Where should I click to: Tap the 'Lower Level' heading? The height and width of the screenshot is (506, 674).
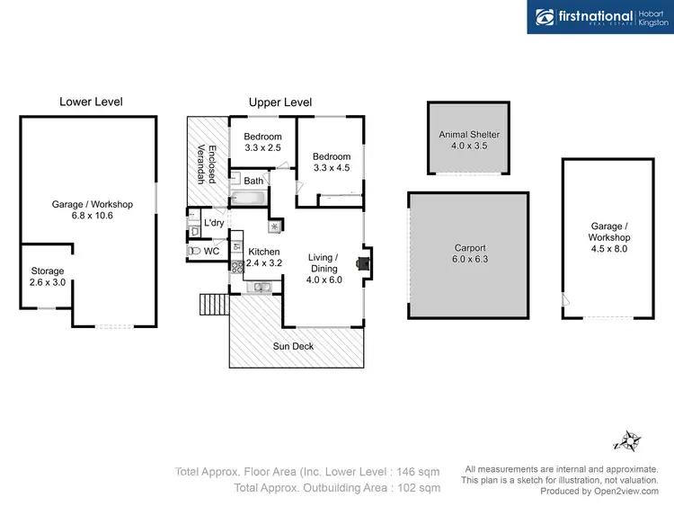click(91, 102)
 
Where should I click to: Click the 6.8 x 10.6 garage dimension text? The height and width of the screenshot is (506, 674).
click(93, 216)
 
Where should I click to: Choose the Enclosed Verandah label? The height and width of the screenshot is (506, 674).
click(208, 164)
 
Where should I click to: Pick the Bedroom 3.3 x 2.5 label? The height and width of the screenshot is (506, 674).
click(263, 142)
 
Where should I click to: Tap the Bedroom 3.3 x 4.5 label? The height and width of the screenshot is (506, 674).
click(332, 162)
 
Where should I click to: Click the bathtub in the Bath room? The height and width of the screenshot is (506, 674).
click(248, 198)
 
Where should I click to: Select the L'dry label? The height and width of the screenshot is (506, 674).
click(214, 222)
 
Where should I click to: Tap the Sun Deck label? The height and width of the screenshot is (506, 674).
click(293, 346)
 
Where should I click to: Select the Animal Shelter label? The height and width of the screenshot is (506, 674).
click(468, 140)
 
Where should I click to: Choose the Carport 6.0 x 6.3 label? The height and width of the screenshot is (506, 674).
click(469, 253)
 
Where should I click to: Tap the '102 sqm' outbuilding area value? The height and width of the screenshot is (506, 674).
click(417, 488)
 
